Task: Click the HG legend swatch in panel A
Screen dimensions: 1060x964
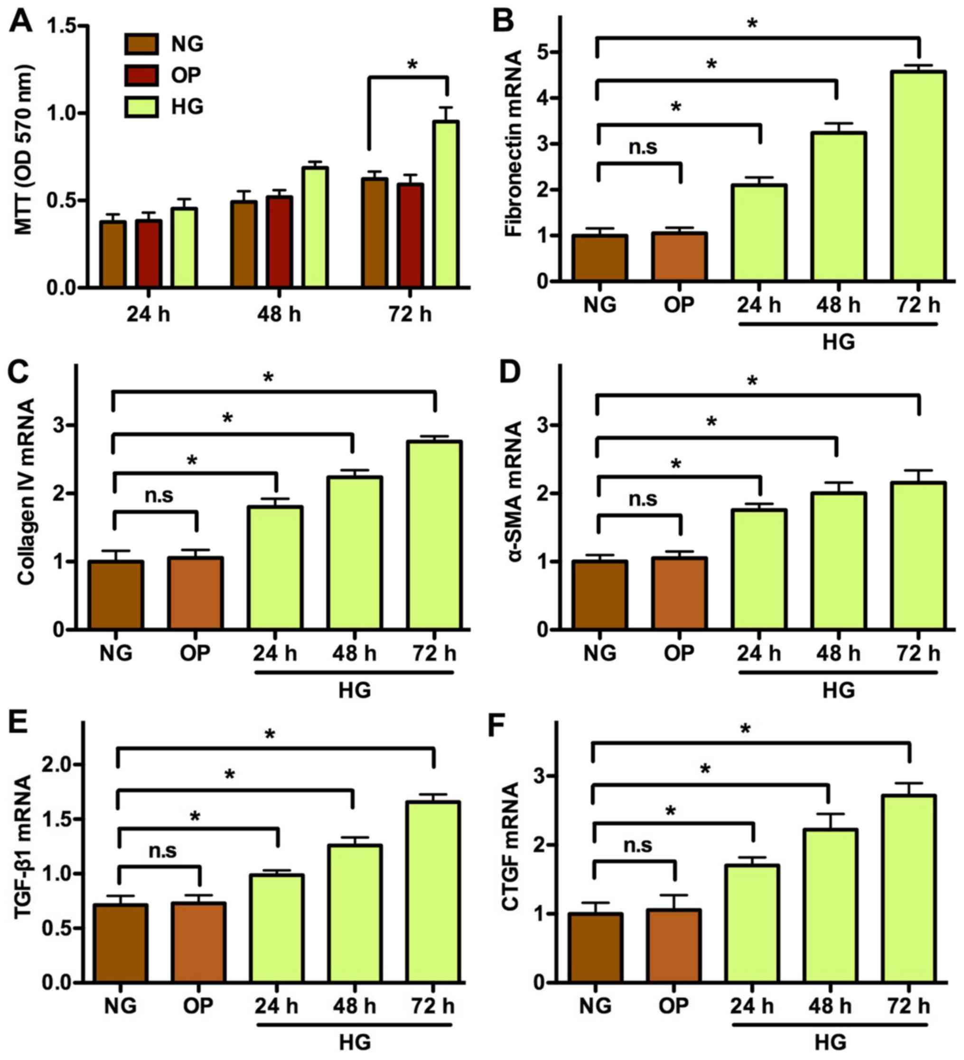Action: [141, 107]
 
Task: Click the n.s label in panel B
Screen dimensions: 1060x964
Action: [643, 147]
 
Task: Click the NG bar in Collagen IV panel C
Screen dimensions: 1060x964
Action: [116, 595]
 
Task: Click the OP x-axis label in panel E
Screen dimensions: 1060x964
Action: [198, 1005]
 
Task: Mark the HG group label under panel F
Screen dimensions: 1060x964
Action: [831, 1041]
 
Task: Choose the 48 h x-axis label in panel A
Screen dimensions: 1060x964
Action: [279, 314]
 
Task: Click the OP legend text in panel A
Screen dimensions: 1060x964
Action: [186, 76]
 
